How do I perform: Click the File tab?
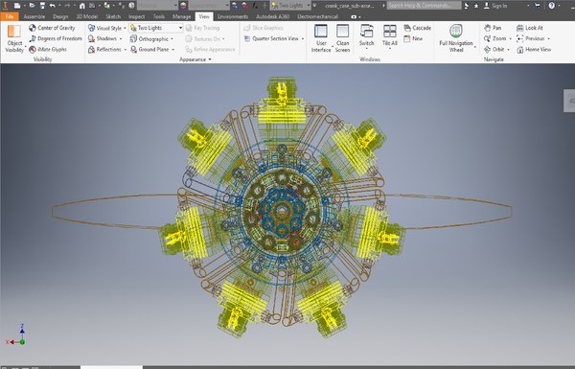[x=11, y=16]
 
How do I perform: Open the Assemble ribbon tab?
[x=34, y=16]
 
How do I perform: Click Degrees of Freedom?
[x=63, y=38]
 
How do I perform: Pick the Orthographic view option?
[x=153, y=38]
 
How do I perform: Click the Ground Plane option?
[x=153, y=49]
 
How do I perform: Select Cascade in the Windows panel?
[x=421, y=28]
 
